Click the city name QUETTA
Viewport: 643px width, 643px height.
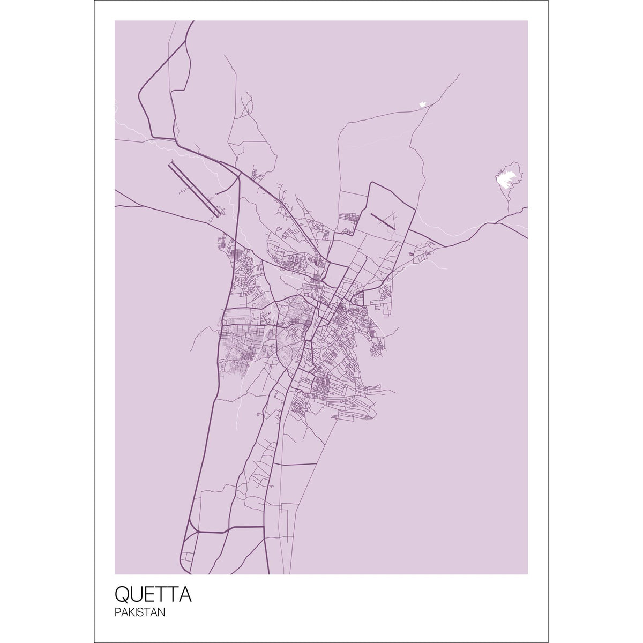click(x=153, y=595)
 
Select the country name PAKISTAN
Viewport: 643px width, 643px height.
click(x=140, y=612)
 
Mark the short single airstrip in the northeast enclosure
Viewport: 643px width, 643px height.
click(x=383, y=221)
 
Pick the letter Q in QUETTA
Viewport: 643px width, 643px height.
click(x=122, y=595)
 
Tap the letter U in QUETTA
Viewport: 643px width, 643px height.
click(x=136, y=595)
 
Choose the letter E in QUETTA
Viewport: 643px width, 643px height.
click(x=148, y=595)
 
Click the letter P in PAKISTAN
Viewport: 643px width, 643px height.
click(x=117, y=612)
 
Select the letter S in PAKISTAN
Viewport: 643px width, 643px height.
click(x=140, y=612)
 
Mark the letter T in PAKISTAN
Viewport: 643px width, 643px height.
click(x=147, y=612)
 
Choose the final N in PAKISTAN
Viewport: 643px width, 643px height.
click(x=161, y=612)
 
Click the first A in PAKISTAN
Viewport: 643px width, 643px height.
click(x=123, y=612)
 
